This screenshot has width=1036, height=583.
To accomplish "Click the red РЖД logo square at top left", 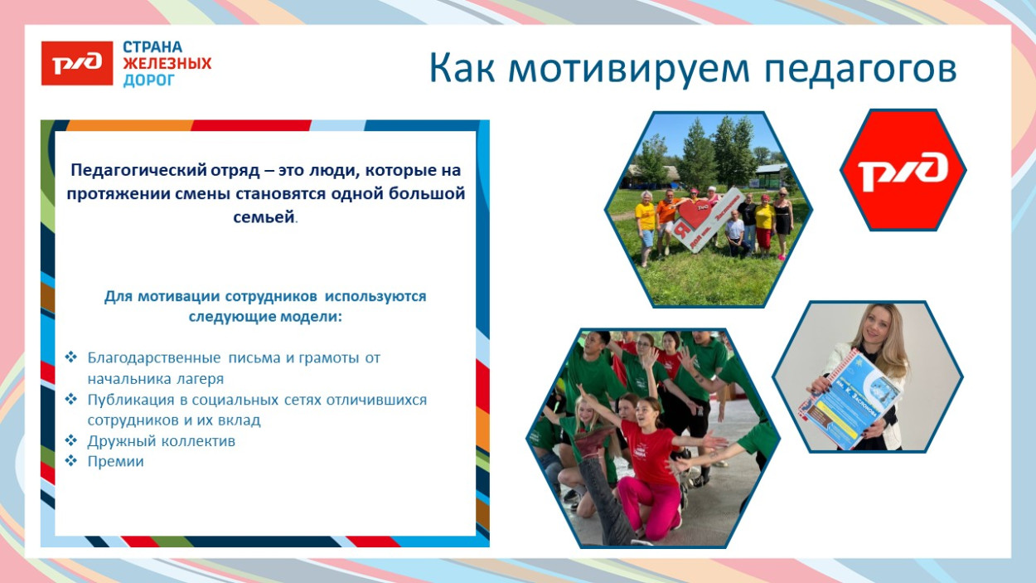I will (77, 63).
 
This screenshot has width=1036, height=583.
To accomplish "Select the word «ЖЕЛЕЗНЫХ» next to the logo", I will (167, 64).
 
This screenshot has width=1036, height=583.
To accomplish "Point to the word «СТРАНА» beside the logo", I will (152, 47).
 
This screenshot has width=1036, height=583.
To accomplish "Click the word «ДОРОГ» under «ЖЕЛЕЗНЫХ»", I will (149, 80).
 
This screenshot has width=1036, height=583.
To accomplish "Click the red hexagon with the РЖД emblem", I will (903, 170).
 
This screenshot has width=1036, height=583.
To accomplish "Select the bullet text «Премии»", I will (116, 462).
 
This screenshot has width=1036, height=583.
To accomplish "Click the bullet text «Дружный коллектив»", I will (162, 441).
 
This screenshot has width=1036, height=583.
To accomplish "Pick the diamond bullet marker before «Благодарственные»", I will (71, 358).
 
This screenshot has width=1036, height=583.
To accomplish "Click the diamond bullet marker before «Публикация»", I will (71, 400).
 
